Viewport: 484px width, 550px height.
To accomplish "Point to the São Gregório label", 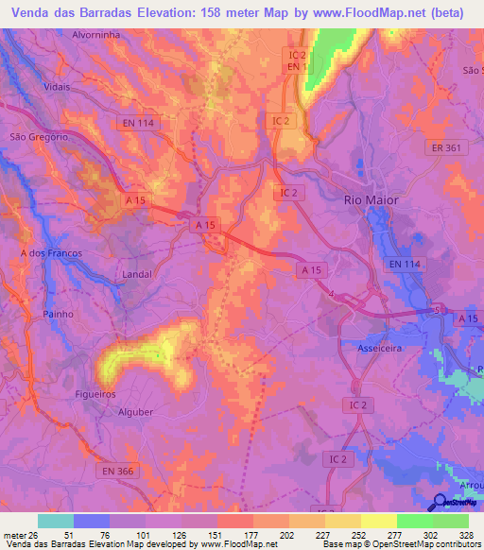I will tap(39, 136).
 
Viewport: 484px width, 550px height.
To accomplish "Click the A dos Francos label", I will tap(51, 253).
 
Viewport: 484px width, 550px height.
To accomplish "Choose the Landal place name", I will tap(137, 274).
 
